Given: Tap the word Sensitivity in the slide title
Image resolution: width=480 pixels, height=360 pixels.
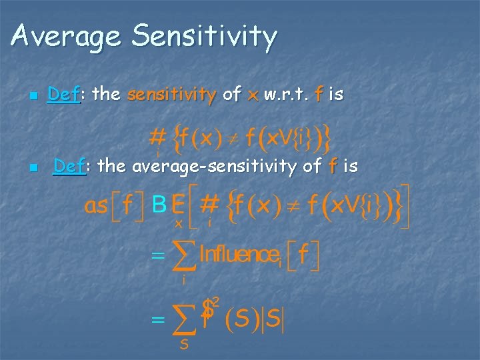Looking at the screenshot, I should (x=204, y=37).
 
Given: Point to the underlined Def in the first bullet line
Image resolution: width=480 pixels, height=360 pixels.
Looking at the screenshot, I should (x=63, y=95).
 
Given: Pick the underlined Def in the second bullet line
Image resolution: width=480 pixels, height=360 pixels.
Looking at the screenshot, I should (x=69, y=166).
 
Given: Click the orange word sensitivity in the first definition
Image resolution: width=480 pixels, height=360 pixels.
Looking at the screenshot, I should (x=170, y=95).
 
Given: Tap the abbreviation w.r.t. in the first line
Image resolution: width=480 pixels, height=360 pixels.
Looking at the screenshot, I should (x=286, y=95).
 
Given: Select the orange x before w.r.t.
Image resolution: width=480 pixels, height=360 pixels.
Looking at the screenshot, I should (x=252, y=96).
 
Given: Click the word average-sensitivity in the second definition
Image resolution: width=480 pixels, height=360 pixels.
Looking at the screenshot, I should (x=218, y=167).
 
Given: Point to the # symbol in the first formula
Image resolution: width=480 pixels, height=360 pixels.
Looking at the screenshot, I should (x=157, y=137).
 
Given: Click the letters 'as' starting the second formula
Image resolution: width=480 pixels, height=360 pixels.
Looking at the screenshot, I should (x=97, y=206).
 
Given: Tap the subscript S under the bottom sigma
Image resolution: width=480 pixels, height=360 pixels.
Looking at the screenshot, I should (x=183, y=345).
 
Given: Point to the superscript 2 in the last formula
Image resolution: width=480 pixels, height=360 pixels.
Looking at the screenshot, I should (x=217, y=301).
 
